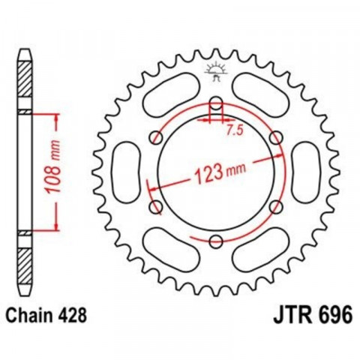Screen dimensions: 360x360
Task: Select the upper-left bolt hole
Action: [157, 137]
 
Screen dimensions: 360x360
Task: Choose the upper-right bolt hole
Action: [276, 137]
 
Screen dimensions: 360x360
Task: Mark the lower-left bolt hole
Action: [157, 206]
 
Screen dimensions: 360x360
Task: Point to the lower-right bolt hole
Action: [276, 206]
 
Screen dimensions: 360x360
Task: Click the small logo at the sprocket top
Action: [216, 71]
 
